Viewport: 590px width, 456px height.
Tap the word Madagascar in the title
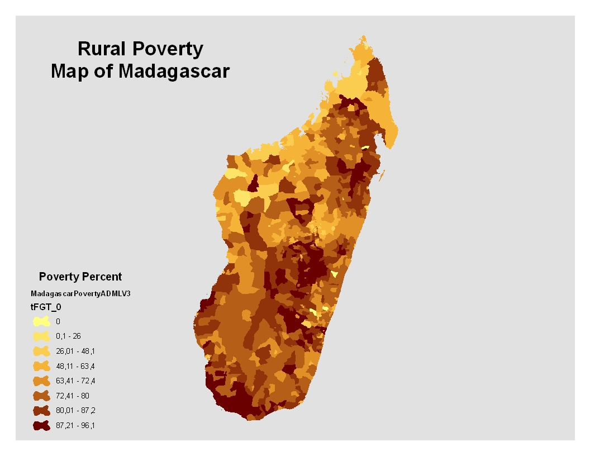[174, 71]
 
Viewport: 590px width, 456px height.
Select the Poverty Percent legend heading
[80, 277]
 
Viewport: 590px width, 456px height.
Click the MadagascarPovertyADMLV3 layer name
[80, 293]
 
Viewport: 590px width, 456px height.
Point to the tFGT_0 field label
[46, 307]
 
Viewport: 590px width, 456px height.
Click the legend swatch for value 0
[41, 321]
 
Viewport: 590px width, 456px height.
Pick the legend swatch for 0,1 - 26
[41, 336]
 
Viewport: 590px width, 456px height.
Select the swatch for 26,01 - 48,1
[41, 351]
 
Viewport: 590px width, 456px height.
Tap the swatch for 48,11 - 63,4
[41, 365]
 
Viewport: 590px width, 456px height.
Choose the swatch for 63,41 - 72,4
[41, 381]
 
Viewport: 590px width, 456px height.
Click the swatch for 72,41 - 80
[41, 396]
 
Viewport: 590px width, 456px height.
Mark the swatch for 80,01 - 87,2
[41, 411]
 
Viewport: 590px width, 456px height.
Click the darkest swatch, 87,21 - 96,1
[41, 425]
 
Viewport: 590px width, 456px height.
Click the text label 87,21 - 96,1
[75, 425]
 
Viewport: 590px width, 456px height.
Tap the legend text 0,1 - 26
[68, 336]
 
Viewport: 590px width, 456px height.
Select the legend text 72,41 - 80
[72, 396]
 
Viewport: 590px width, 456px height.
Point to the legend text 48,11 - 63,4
[75, 366]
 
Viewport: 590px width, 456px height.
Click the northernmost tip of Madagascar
[364, 36]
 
